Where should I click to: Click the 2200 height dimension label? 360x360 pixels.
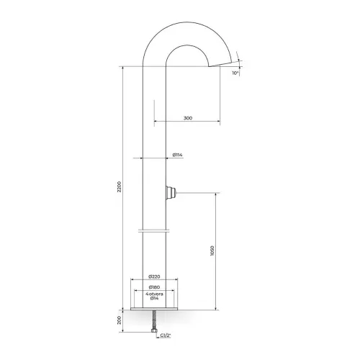point(120,186)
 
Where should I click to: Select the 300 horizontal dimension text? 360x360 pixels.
point(188,118)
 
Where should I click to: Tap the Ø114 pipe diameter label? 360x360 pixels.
point(177,155)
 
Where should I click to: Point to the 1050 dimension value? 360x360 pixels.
point(212,251)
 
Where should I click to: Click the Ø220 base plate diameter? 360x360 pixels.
point(154,276)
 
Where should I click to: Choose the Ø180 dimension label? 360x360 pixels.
point(154,287)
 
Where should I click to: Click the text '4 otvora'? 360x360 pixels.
point(154,294)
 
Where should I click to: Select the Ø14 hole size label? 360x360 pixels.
point(154,298)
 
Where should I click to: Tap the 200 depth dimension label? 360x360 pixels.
point(120,320)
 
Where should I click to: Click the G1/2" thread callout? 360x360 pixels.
point(166,336)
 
